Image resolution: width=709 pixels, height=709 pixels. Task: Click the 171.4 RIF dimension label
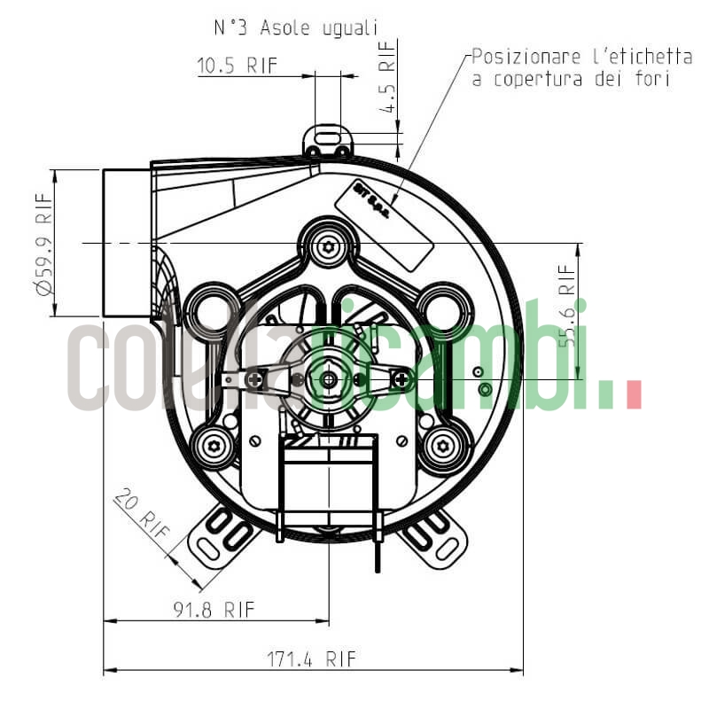coord(311,658)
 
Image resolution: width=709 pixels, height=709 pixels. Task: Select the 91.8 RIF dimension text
coord(214,609)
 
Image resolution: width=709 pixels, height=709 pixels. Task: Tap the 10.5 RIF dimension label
coord(237,66)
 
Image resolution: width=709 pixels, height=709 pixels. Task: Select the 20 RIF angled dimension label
coord(142,515)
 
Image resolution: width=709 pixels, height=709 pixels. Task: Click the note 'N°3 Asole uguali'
coord(295,28)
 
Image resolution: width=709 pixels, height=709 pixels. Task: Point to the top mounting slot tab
coord(328,139)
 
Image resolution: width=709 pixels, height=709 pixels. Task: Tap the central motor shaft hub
coord(329,379)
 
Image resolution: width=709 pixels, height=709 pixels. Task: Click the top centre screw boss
coord(328,244)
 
